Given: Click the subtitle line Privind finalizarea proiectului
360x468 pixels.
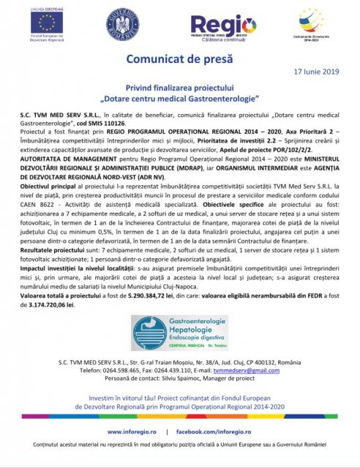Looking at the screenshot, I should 179,86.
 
